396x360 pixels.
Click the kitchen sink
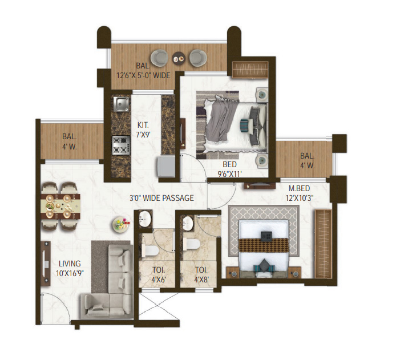click(x=121, y=104)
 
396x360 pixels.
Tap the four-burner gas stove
click(x=121, y=145)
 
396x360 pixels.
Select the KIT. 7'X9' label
click(x=143, y=130)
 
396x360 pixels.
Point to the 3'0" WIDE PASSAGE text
click(x=161, y=198)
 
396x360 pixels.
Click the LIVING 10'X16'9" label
click(x=70, y=268)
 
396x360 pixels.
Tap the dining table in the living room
click(x=60, y=206)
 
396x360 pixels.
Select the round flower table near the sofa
click(x=121, y=224)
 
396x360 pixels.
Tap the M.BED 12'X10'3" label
click(x=299, y=193)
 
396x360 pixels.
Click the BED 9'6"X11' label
click(x=229, y=169)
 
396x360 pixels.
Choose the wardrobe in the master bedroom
click(x=323, y=244)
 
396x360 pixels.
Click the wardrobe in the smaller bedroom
click(x=250, y=70)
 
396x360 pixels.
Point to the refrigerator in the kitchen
click(x=166, y=167)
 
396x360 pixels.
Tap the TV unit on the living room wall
click(x=46, y=264)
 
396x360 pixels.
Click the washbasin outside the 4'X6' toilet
click(x=145, y=219)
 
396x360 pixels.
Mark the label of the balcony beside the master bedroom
click(x=308, y=160)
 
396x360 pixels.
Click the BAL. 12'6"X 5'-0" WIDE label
click(x=143, y=71)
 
